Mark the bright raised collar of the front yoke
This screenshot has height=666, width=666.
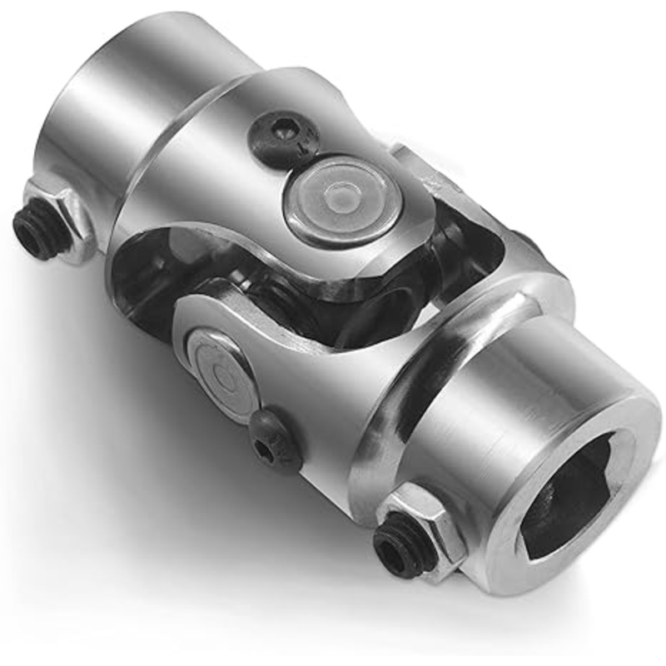point(391,391)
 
